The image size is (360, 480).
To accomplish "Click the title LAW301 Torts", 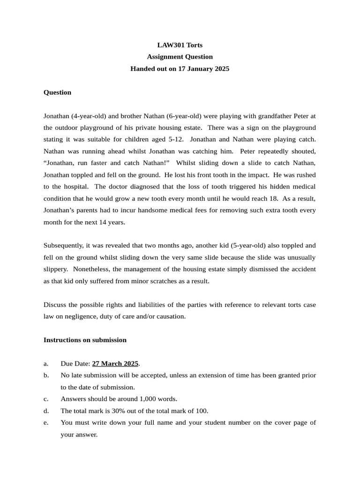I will click(180, 45).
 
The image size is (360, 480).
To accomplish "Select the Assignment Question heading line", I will click(180, 57).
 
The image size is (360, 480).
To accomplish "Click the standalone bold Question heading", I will click(57, 92).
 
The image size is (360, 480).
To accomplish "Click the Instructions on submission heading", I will click(85, 340).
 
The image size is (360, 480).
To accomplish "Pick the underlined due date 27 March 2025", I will click(115, 364).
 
